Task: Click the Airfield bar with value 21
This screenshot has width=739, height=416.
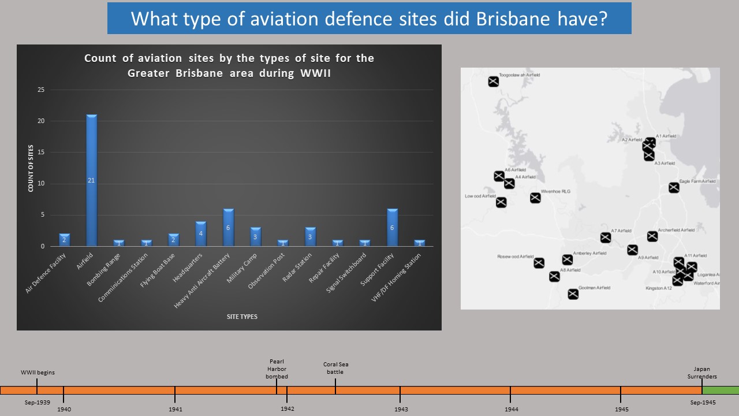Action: pyautogui.click(x=91, y=180)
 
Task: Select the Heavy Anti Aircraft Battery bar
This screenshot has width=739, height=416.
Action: pyautogui.click(x=229, y=228)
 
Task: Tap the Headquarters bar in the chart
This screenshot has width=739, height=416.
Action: pyautogui.click(x=201, y=233)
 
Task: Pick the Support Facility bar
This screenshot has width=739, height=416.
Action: pyautogui.click(x=392, y=228)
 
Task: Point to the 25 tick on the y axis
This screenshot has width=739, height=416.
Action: pyautogui.click(x=40, y=90)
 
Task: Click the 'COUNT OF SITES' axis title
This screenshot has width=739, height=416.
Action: pyautogui.click(x=30, y=168)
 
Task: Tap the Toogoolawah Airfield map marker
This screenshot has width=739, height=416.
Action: pyautogui.click(x=493, y=81)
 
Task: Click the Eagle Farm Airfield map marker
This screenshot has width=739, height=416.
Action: pyautogui.click(x=674, y=188)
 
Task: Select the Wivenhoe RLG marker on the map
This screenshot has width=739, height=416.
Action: pyautogui.click(x=535, y=198)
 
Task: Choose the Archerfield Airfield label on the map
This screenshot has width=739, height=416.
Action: pyautogui.click(x=676, y=230)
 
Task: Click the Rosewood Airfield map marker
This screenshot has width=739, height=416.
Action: pyautogui.click(x=539, y=263)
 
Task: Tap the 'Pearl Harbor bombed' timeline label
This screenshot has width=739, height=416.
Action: pyautogui.click(x=276, y=369)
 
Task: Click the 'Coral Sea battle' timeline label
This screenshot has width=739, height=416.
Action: pyautogui.click(x=335, y=368)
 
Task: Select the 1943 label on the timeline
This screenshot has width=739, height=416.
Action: pyautogui.click(x=401, y=409)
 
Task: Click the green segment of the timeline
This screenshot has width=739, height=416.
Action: pyautogui.click(x=720, y=390)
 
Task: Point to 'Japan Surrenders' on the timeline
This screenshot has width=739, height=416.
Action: pyautogui.click(x=701, y=373)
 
